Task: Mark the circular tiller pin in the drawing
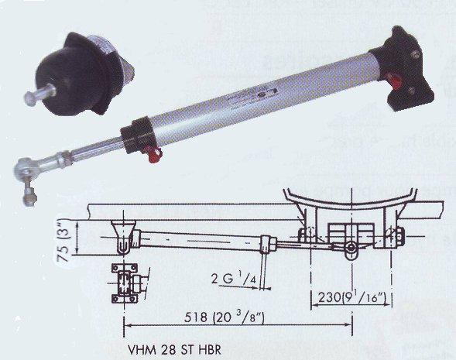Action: coord(351,249)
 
